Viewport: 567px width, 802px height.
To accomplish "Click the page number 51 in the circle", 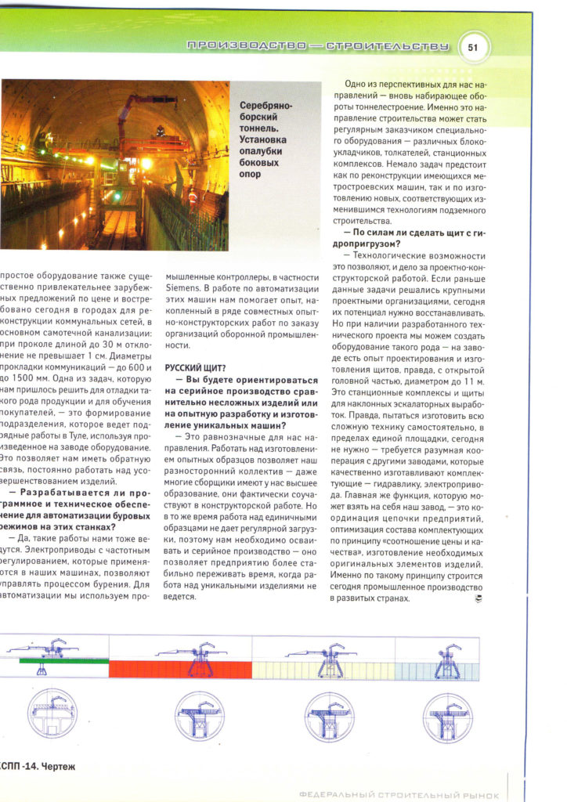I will click(x=472, y=47).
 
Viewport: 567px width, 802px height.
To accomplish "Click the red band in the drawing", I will click(x=180, y=668).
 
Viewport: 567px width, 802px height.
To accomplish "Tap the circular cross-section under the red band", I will click(x=197, y=716).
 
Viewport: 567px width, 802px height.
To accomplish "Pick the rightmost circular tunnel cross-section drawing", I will click(x=447, y=716).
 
